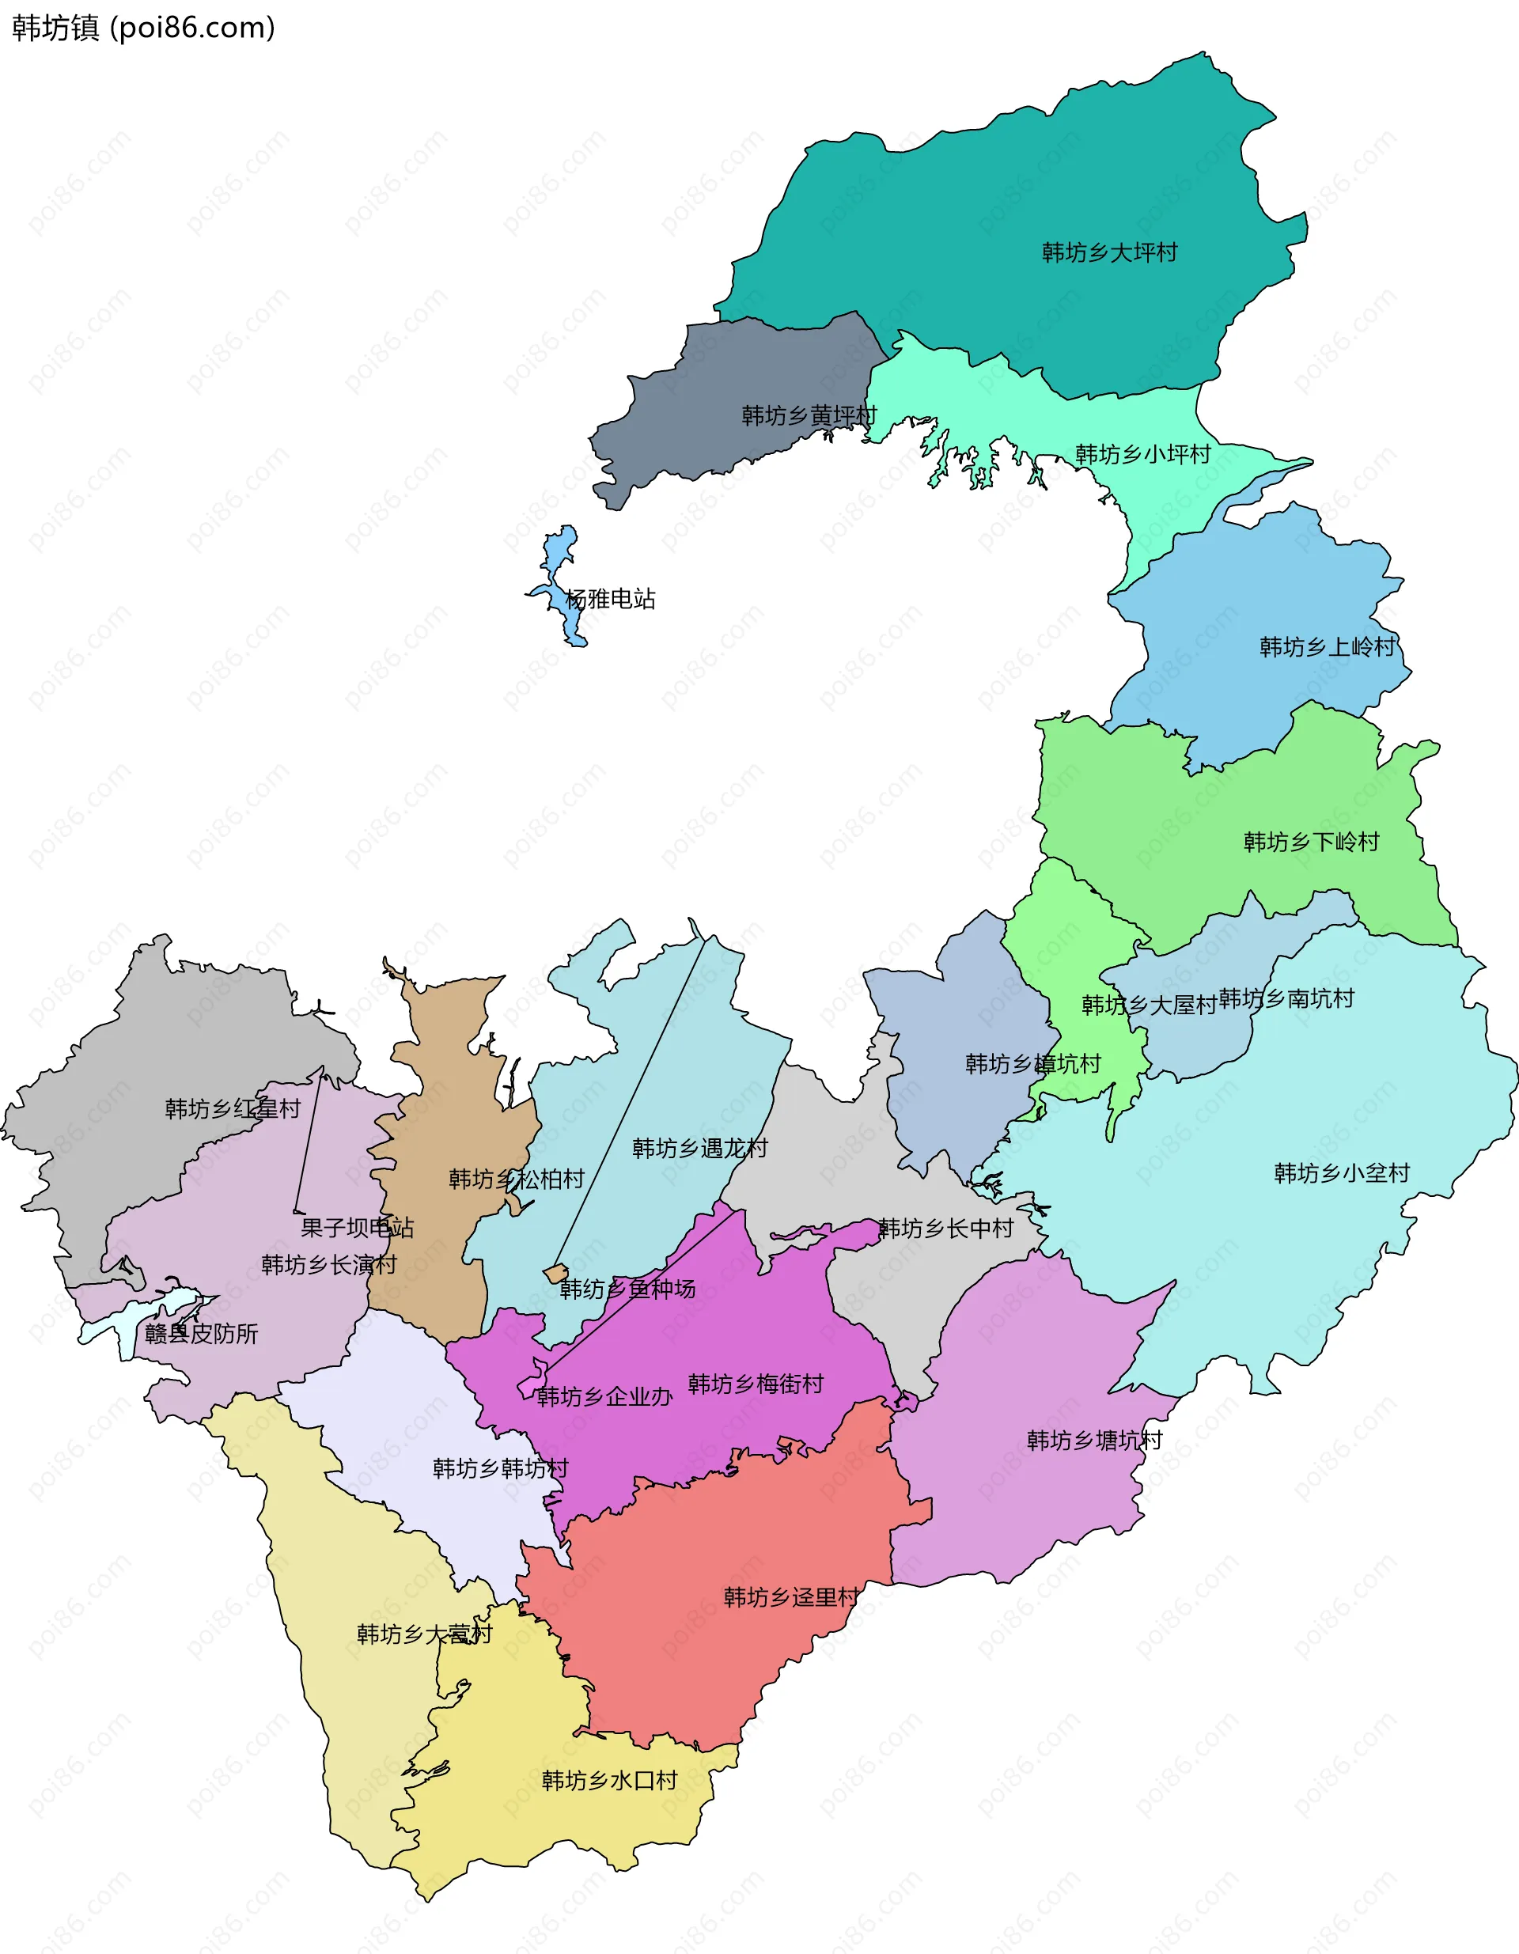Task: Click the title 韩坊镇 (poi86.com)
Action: [x=143, y=28]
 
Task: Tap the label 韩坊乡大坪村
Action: [x=1109, y=253]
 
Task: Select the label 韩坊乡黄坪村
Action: [x=809, y=416]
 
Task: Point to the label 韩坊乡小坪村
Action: [x=1142, y=455]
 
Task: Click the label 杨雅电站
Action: [x=610, y=599]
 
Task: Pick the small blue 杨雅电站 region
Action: [x=561, y=547]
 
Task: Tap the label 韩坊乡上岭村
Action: [x=1327, y=647]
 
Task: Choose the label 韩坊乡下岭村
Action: [x=1311, y=842]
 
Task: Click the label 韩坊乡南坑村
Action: [x=1286, y=998]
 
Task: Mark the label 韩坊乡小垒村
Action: [x=1341, y=1173]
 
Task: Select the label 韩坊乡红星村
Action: [x=233, y=1109]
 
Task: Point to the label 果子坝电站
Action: [x=357, y=1228]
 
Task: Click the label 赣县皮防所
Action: [x=201, y=1334]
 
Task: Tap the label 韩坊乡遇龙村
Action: [x=699, y=1148]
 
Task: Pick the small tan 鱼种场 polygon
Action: [x=555, y=1272]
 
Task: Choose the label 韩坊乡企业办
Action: [x=604, y=1396]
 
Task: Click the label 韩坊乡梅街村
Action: [x=755, y=1384]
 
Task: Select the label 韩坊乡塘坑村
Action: [x=1094, y=1441]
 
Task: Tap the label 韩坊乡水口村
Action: [x=609, y=1781]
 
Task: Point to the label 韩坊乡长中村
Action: [x=945, y=1229]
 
